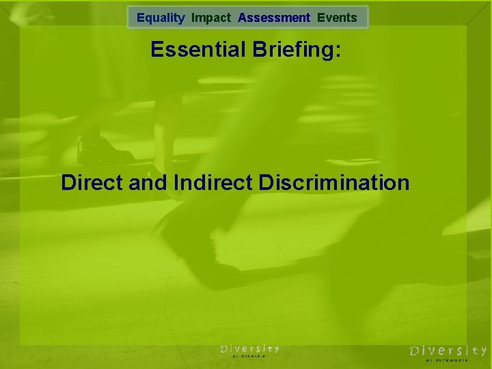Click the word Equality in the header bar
tap(161, 18)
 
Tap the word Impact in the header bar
tap(212, 18)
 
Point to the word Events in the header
tap(337, 18)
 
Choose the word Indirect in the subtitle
tap(212, 183)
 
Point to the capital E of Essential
tap(157, 51)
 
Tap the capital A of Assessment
tap(242, 18)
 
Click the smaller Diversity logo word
tap(249, 348)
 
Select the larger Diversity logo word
tap(448, 351)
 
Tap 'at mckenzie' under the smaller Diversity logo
tap(249, 356)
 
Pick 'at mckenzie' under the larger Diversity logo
tap(447, 359)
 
